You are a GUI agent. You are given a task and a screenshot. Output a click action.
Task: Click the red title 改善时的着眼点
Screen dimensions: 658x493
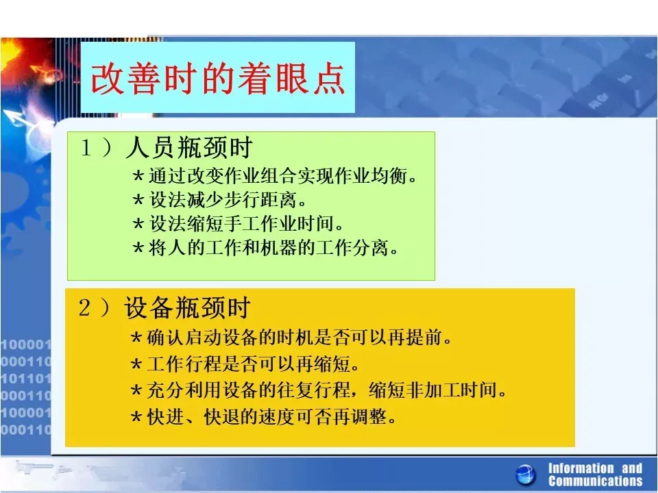click(218, 79)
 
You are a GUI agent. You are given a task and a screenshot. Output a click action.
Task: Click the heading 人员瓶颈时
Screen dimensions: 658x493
click(189, 148)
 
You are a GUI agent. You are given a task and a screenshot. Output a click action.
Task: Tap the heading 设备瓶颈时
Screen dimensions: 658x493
click(187, 307)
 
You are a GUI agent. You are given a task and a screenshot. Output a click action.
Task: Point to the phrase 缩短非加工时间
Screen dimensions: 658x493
click(437, 390)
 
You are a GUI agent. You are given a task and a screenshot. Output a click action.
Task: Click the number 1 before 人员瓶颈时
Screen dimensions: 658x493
click(86, 148)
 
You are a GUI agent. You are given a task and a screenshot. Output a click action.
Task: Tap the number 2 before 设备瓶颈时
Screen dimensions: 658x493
click(84, 307)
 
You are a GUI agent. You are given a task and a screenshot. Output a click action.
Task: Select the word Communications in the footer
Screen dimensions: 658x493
click(596, 481)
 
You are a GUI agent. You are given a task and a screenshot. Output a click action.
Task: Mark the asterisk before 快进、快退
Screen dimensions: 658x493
click(136, 417)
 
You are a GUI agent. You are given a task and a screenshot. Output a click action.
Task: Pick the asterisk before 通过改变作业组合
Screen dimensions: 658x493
click(138, 177)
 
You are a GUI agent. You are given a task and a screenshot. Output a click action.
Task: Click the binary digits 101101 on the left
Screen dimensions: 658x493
click(25, 379)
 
